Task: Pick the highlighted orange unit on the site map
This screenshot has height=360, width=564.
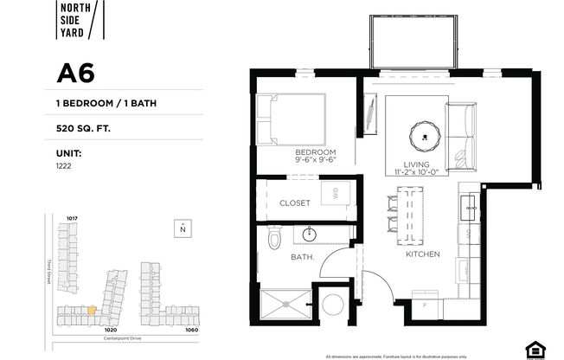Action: [91, 309]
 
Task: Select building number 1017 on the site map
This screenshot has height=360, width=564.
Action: [73, 218]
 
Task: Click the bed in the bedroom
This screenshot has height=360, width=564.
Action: [291, 120]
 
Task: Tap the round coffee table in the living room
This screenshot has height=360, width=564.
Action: [425, 133]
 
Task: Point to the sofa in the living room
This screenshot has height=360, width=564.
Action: [462, 137]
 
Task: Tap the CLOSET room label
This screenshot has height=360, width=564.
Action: [294, 203]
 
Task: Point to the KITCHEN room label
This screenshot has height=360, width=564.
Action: [423, 254]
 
